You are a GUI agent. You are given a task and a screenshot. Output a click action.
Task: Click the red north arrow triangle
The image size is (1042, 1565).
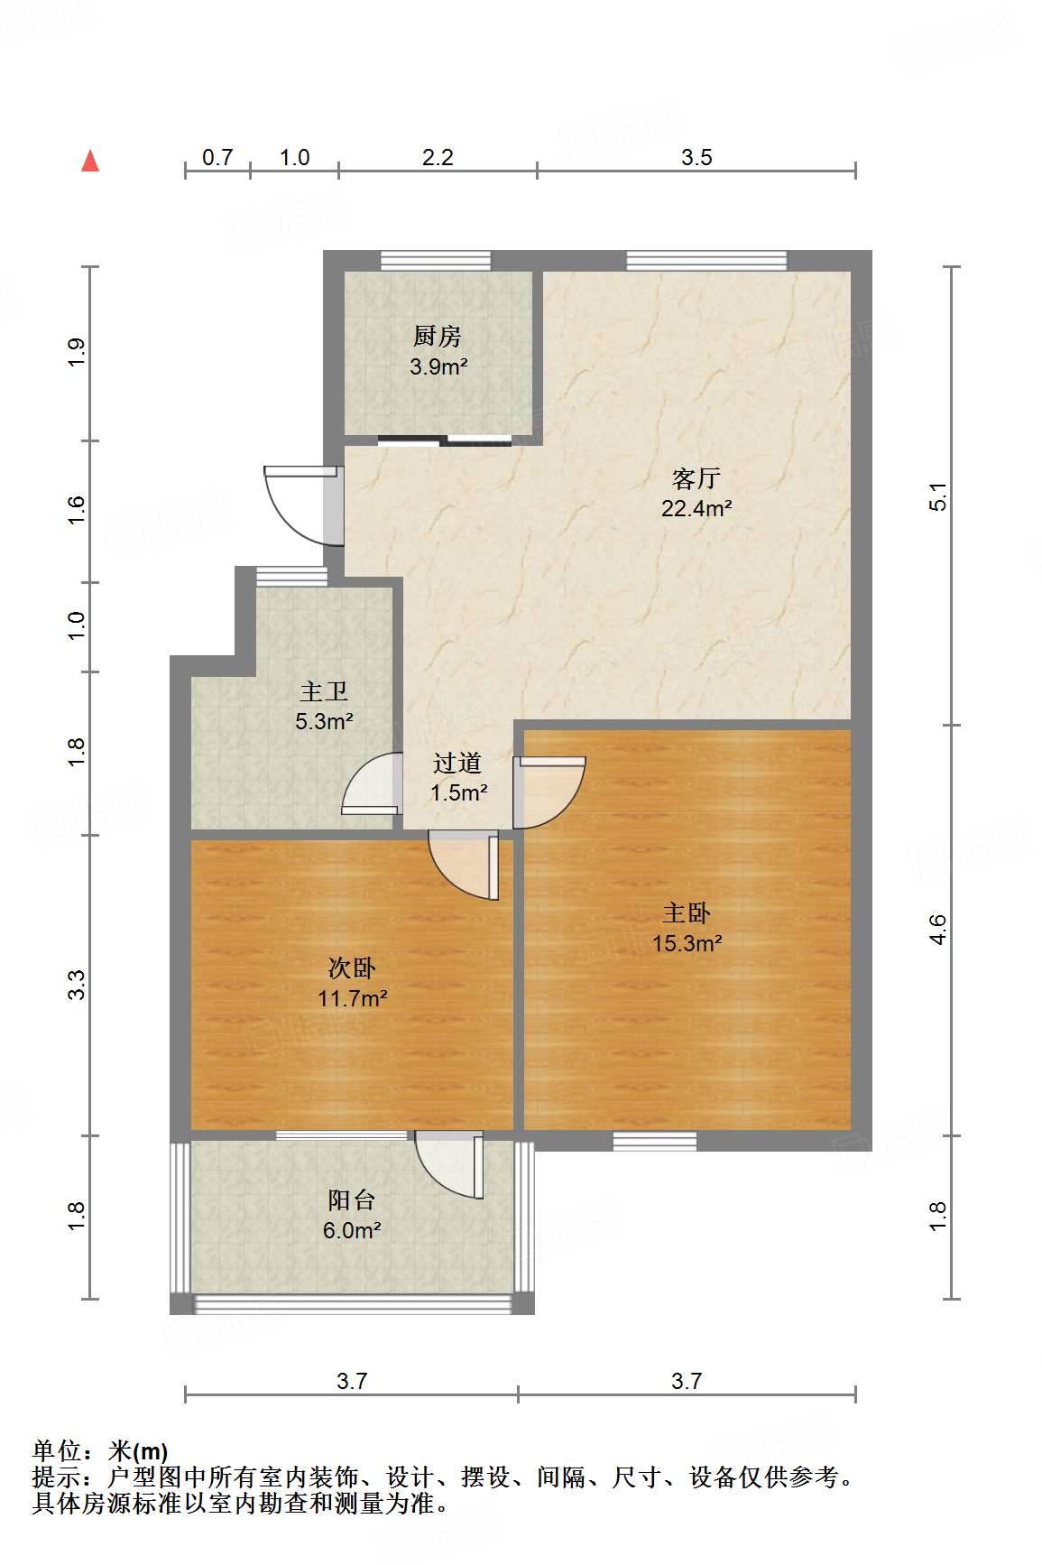(90, 161)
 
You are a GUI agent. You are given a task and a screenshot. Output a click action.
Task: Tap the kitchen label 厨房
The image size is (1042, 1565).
(438, 336)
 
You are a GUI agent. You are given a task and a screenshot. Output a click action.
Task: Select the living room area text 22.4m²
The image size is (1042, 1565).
(696, 508)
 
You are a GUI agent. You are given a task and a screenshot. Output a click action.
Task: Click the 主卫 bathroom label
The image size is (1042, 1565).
(324, 691)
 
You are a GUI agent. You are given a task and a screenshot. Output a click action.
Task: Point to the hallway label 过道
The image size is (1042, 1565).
(457, 763)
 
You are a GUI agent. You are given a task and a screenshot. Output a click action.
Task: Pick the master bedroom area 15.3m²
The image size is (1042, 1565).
(687, 943)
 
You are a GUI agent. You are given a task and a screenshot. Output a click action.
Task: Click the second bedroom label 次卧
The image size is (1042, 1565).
(352, 968)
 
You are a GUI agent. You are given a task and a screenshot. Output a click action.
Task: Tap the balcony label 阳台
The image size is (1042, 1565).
(352, 1199)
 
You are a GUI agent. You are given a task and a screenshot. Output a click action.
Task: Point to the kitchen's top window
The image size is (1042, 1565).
(436, 261)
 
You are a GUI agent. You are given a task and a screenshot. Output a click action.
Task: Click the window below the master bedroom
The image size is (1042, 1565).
(655, 1141)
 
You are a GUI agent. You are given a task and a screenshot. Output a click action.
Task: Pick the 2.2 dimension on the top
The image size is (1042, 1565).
(438, 157)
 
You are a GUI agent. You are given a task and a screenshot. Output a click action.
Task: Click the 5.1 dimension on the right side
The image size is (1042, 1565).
(938, 497)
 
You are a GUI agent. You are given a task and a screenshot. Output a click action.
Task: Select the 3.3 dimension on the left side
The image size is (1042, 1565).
(77, 985)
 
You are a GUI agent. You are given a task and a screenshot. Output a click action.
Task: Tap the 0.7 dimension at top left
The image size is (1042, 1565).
(217, 157)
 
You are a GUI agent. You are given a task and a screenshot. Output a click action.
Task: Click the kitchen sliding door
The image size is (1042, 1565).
(445, 440)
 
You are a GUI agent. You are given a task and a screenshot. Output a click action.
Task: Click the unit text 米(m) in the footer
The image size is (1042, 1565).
(138, 1451)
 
